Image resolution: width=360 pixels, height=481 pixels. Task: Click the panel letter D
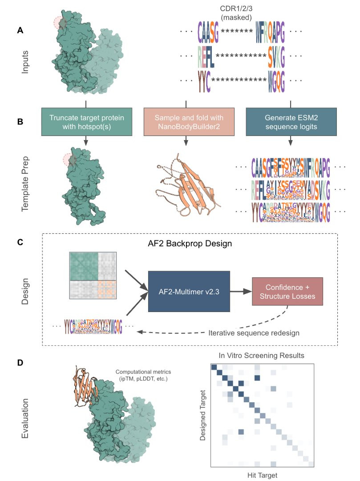click(x=20, y=363)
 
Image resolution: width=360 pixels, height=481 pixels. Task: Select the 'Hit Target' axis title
click(x=262, y=475)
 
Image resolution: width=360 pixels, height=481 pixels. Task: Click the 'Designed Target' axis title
click(x=203, y=415)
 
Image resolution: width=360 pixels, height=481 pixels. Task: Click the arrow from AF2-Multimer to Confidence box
click(x=240, y=292)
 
